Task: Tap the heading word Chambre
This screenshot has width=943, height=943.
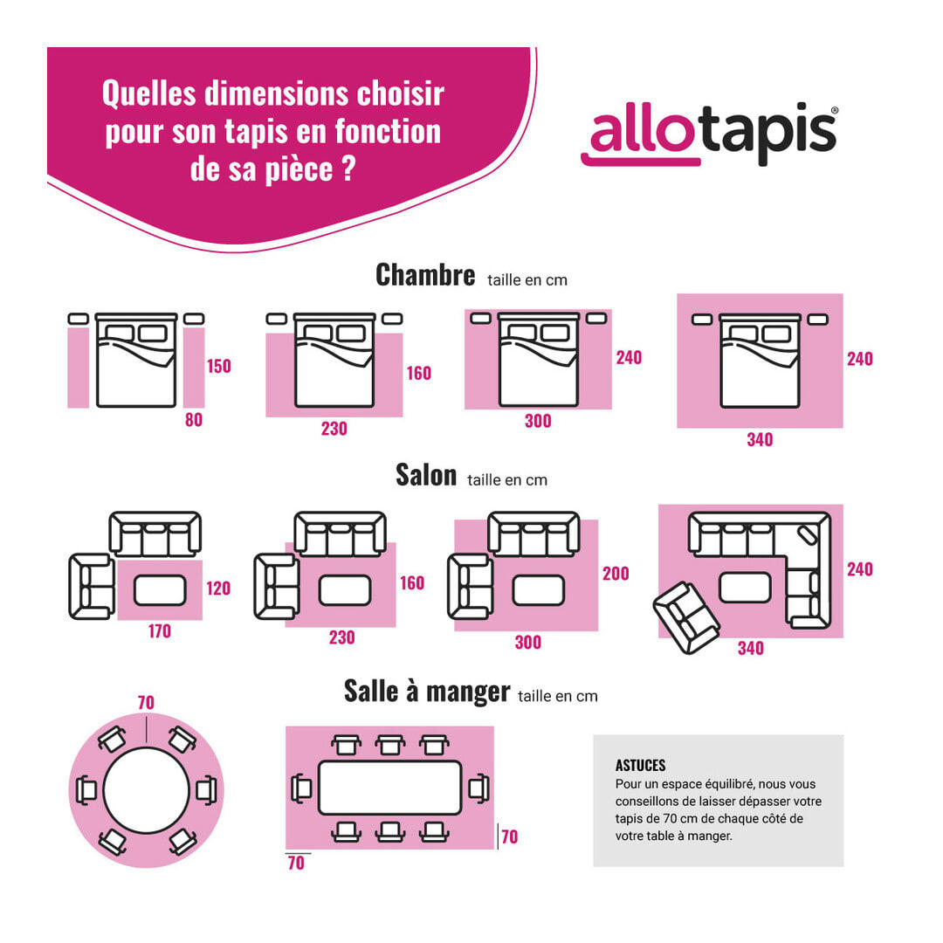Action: click(x=425, y=275)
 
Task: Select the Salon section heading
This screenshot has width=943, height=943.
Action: click(x=426, y=475)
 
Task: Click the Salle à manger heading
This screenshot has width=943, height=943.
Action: click(x=427, y=692)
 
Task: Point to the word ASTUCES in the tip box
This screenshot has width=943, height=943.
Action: click(x=640, y=766)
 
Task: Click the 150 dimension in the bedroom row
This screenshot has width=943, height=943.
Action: click(x=219, y=366)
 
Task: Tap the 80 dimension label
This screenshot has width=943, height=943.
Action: click(x=194, y=420)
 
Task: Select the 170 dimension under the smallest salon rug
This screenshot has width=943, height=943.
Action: click(x=159, y=630)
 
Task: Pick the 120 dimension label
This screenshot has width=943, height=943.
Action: click(x=218, y=589)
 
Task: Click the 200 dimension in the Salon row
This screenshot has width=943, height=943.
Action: click(x=616, y=574)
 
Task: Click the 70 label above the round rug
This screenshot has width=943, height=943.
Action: click(x=146, y=702)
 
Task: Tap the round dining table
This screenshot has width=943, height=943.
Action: click(x=147, y=790)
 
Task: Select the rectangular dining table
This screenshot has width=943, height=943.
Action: click(x=389, y=788)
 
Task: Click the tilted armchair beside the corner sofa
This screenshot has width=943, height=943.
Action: click(x=686, y=617)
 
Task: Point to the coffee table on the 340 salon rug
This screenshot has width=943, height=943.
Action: click(x=745, y=587)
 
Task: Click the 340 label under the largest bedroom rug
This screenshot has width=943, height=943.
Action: click(x=760, y=440)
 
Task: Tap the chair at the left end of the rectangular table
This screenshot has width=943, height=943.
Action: click(x=301, y=788)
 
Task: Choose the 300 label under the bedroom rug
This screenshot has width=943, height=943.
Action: click(x=538, y=421)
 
